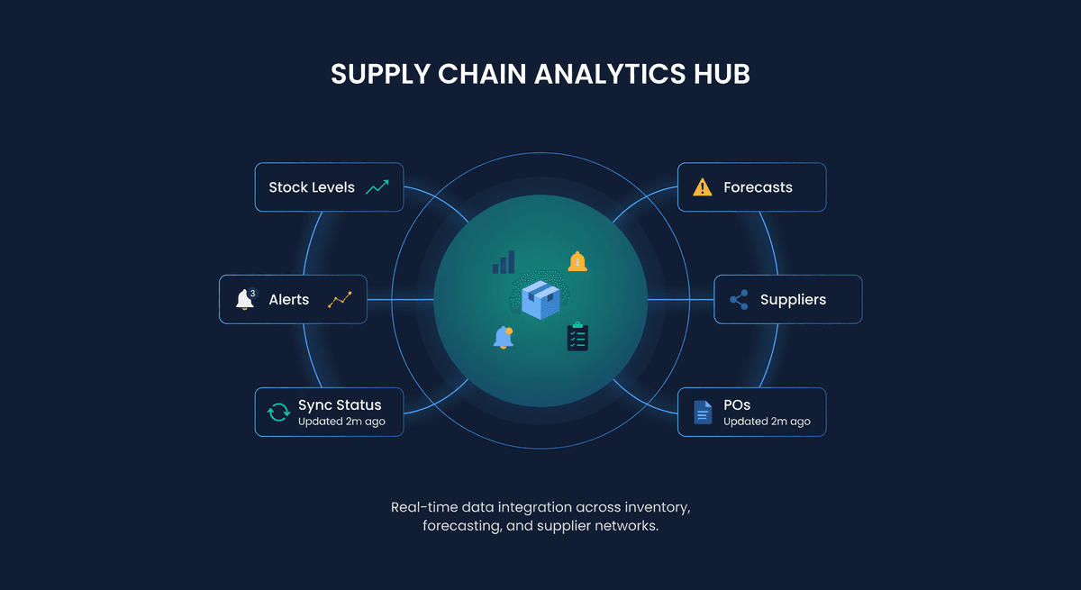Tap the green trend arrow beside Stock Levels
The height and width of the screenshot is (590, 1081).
(377, 187)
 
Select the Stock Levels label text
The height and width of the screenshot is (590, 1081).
(312, 187)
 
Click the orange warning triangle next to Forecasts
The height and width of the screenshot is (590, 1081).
(702, 187)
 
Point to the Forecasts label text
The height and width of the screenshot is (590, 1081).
(758, 187)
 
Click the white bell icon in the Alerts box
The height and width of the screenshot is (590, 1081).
(244, 300)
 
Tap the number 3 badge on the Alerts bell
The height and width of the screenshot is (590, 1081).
(252, 293)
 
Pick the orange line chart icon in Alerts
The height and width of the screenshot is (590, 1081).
(340, 300)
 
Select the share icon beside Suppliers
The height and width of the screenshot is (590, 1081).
(739, 300)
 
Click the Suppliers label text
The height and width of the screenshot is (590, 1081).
(793, 300)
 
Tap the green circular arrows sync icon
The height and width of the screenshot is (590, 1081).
(278, 413)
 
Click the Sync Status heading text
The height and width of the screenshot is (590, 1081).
(340, 405)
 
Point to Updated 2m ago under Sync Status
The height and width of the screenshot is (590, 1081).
(341, 422)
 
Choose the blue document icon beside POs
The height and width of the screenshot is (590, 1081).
(702, 413)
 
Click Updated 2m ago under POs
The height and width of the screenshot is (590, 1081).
(767, 422)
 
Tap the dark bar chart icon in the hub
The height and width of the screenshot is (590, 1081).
(503, 262)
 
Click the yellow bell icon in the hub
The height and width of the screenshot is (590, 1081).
(577, 261)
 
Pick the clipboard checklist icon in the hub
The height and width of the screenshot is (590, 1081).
(577, 336)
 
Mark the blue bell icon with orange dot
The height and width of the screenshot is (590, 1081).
(504, 337)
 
